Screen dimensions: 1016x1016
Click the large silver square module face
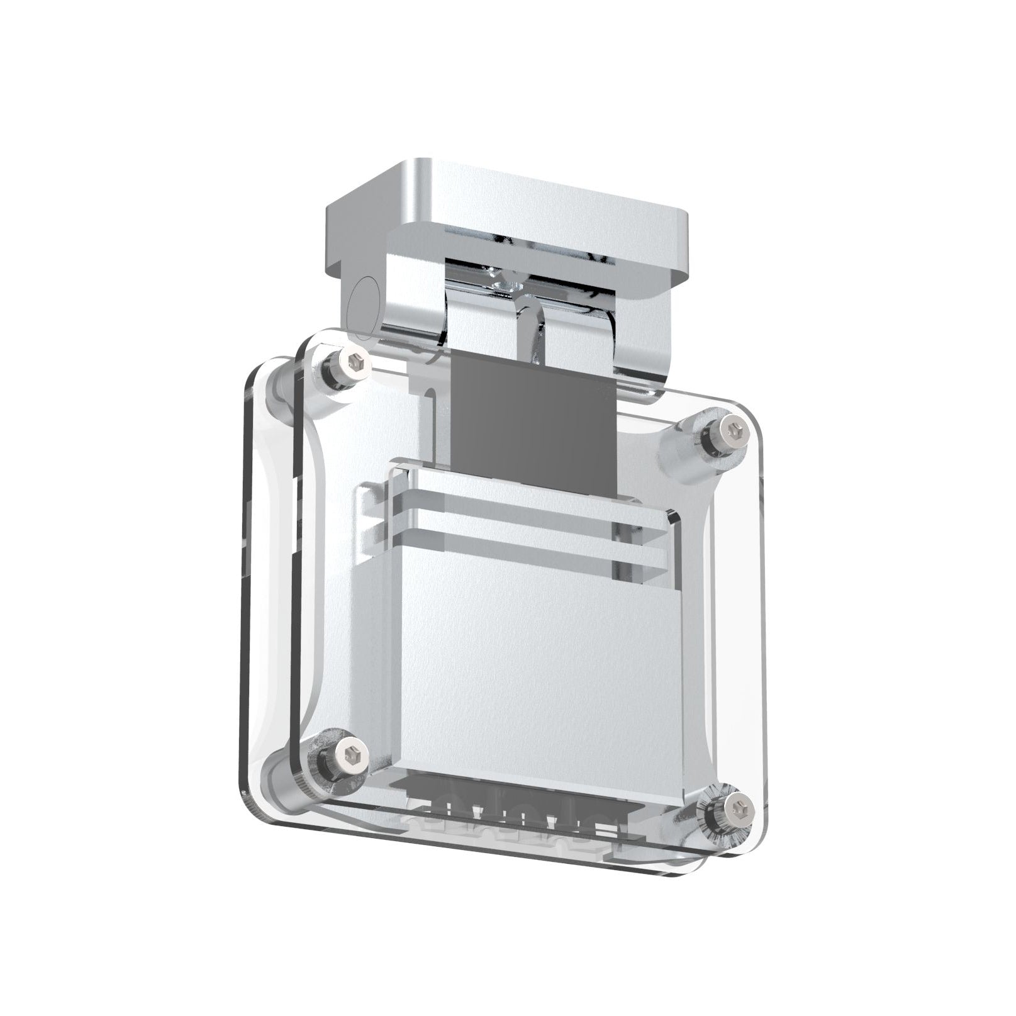click(x=522, y=667)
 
